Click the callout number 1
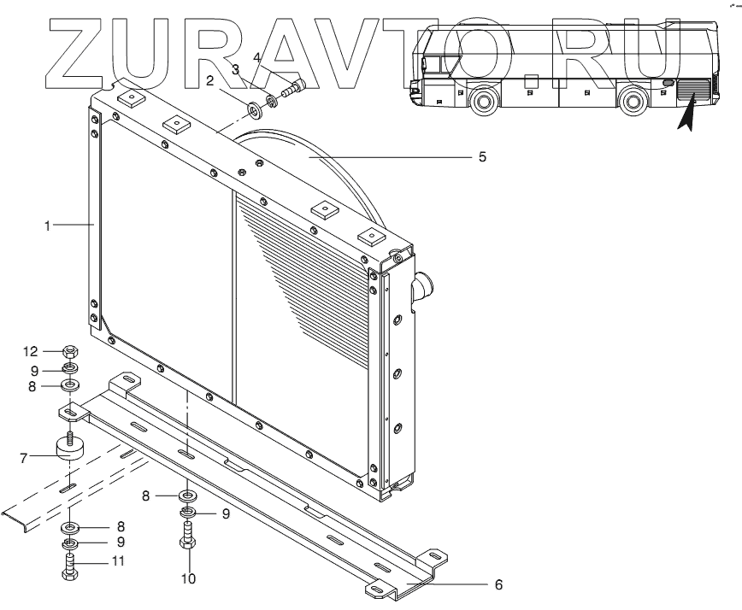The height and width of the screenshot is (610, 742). click(x=50, y=226)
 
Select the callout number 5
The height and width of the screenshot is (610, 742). click(x=482, y=157)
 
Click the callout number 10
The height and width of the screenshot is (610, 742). click(x=188, y=578)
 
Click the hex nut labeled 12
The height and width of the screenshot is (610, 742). click(x=72, y=352)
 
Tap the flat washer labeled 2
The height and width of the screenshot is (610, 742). click(x=254, y=109)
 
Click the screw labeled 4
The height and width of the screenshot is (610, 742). click(x=296, y=86)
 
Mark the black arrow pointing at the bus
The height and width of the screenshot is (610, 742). click(x=686, y=115)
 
